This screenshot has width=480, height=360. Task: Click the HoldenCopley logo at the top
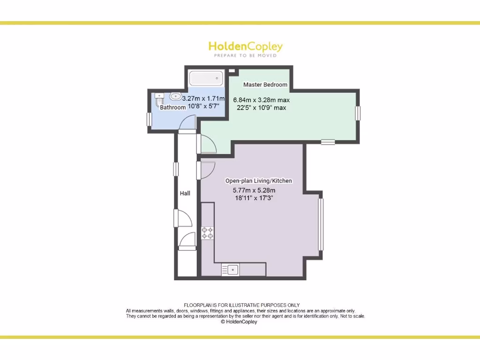coord(245,46)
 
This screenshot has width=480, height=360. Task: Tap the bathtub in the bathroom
coord(206,78)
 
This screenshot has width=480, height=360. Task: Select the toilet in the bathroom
coord(159,98)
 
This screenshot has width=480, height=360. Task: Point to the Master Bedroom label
coord(265,84)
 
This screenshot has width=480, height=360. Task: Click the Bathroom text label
coord(173,107)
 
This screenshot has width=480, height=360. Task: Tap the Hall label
coord(185,193)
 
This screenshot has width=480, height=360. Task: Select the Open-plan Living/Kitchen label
coord(259,181)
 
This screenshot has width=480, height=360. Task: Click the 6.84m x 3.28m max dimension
coord(262,100)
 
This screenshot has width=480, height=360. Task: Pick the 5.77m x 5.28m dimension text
coord(254,190)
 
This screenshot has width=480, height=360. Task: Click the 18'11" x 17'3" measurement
coord(253,198)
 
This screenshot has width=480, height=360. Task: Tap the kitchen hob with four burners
coord(207,233)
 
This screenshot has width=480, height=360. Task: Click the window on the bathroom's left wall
coord(149,119)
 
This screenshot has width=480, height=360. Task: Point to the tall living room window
coord(321,225)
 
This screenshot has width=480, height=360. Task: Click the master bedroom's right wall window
coord(358,113)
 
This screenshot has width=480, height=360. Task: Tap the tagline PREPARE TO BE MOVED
coord(245,56)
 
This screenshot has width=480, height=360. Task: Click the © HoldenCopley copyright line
coord(239,322)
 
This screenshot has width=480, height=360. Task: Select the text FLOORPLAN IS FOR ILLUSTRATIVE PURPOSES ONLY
coord(242,305)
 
